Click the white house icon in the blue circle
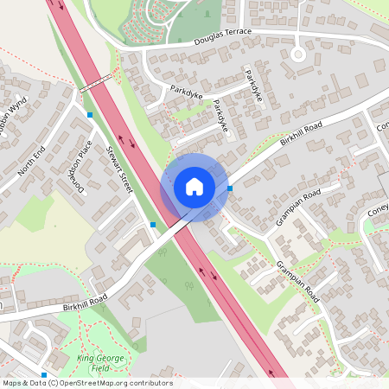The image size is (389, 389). pyautogui.click(x=194, y=187)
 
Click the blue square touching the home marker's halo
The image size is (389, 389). pyautogui.click(x=229, y=188)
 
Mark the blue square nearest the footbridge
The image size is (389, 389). pyautogui.click(x=90, y=114)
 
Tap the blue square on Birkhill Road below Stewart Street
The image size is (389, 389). pyautogui.click(x=153, y=225)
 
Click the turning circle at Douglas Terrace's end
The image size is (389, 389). pyautogui.click(x=298, y=54)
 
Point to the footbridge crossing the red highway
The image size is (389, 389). pyautogui.click(x=96, y=84)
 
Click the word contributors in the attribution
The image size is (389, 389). pyautogui.click(x=155, y=383)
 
